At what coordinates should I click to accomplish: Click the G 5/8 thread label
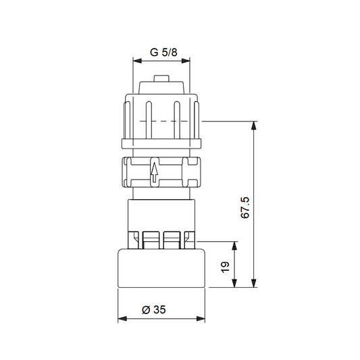(163, 53)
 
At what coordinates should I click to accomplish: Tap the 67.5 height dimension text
(245, 207)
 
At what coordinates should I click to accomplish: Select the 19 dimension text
(225, 267)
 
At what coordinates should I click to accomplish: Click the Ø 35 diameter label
(154, 310)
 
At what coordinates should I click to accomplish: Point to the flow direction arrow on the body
(155, 172)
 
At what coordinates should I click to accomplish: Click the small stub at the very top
(161, 78)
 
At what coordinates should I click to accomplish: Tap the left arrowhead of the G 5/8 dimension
(137, 61)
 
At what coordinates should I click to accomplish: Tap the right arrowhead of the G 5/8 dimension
(186, 61)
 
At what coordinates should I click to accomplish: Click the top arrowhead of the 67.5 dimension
(254, 126)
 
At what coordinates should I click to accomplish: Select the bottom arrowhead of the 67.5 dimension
(254, 283)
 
